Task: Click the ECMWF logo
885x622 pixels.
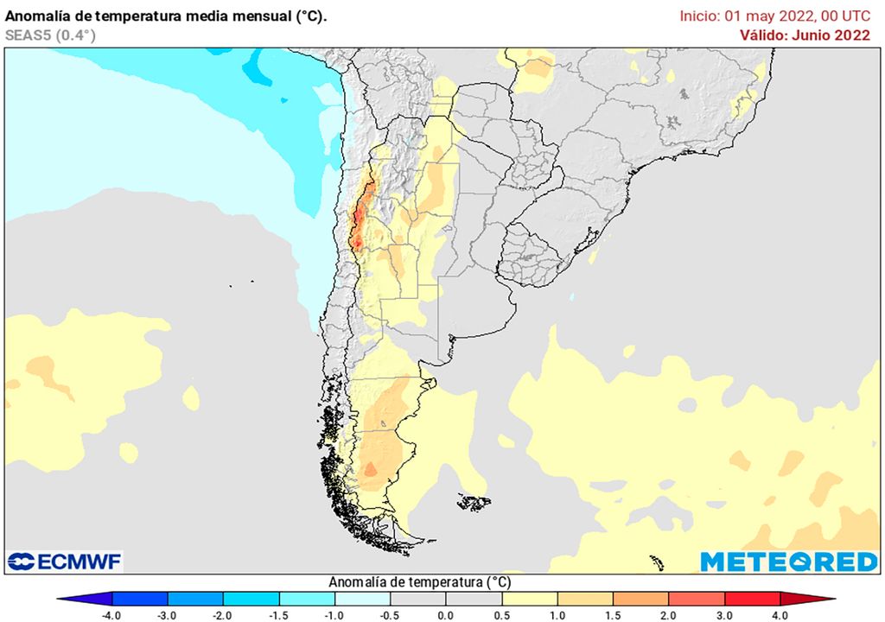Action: (65, 562)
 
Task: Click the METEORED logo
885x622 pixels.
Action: (788, 562)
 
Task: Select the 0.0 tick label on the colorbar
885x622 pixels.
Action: (446, 615)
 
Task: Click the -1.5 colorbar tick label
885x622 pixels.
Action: (279, 615)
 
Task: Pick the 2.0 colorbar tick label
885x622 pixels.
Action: (669, 615)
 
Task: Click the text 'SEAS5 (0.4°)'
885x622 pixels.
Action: (50, 35)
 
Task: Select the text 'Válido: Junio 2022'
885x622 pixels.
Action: (804, 35)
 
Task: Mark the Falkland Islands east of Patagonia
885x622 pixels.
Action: (474, 502)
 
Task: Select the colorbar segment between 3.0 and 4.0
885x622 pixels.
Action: (752, 599)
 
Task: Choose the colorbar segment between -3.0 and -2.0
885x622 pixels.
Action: (195, 599)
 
